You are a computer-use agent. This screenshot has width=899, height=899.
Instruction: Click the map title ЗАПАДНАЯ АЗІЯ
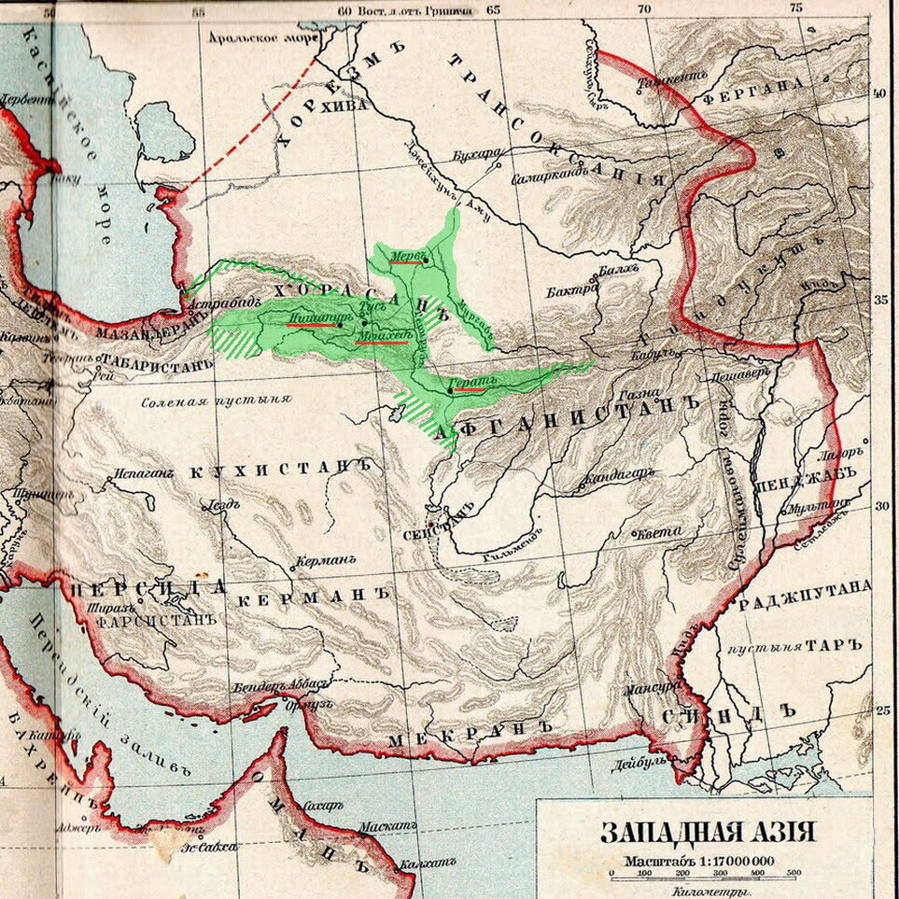pos(707,832)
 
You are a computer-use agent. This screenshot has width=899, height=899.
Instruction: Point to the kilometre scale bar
pos(702,875)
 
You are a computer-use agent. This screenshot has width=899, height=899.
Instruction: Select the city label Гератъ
pos(468,383)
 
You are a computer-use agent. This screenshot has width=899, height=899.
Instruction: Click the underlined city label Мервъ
pos(408,255)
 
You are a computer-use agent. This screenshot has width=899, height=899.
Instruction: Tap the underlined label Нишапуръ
pos(312,318)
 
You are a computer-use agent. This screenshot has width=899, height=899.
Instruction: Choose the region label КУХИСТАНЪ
pos(274,470)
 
